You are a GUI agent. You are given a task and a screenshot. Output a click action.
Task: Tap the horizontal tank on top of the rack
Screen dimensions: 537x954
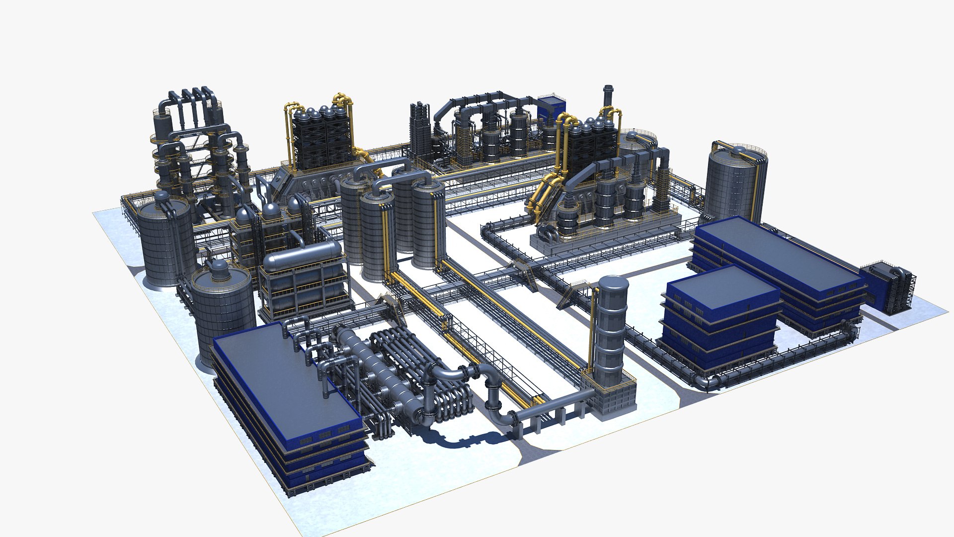point(302,256)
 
